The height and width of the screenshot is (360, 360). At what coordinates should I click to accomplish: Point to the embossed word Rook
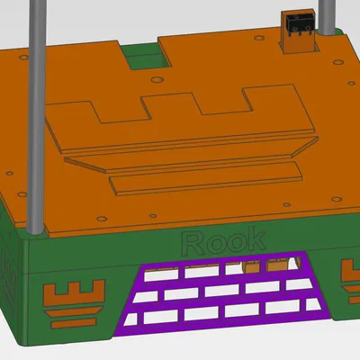223,240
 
